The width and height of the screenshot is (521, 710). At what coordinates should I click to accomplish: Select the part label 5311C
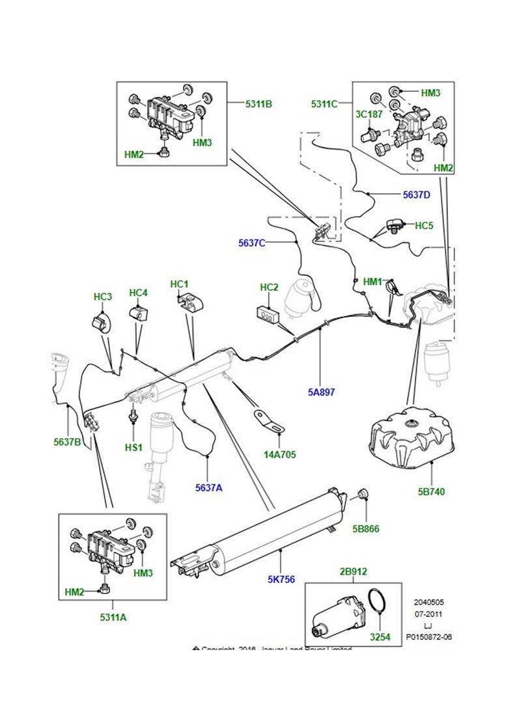[324, 103]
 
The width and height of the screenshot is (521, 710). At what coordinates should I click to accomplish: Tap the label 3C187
[368, 115]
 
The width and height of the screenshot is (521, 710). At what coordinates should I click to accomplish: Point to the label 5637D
[416, 194]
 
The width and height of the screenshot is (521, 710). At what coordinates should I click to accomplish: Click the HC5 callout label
[424, 225]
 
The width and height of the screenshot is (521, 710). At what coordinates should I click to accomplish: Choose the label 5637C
[251, 243]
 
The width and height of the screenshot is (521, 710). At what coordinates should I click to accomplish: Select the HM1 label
[373, 282]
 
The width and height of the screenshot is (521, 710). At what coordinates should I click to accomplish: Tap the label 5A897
[322, 392]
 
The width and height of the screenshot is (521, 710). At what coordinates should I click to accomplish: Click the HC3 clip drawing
[101, 321]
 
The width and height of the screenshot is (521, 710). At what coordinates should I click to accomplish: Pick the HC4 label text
[139, 293]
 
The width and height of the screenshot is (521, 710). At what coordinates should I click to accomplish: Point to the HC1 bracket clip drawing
[190, 302]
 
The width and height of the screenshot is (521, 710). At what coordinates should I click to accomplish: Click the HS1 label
[134, 448]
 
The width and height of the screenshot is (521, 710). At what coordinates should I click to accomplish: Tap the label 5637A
[208, 487]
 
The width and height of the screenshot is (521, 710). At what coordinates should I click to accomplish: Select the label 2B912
[354, 571]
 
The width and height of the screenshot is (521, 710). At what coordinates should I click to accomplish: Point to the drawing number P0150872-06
[428, 636]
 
